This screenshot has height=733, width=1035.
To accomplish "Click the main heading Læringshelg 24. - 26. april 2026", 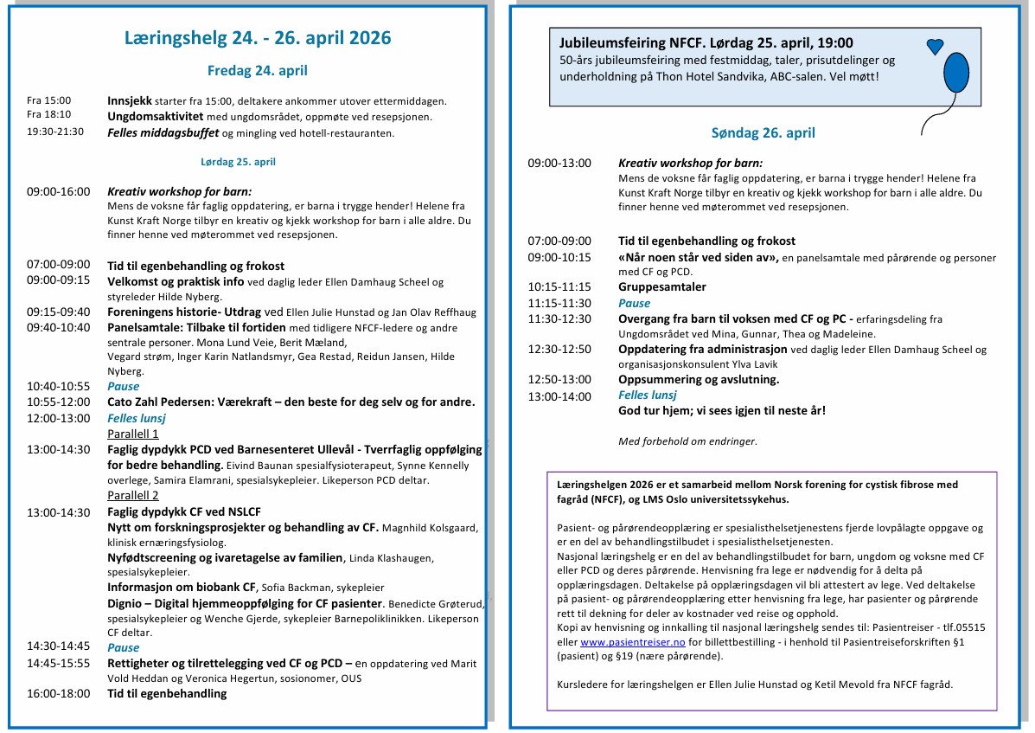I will tap(258, 38).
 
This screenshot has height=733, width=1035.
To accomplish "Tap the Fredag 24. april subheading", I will tap(257, 71).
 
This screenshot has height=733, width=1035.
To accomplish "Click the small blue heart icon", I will tap(935, 47).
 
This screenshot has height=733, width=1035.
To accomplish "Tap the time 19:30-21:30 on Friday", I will tap(55, 133).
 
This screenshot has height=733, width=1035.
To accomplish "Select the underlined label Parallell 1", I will tap(133, 434).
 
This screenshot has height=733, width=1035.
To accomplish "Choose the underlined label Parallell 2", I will tap(133, 496).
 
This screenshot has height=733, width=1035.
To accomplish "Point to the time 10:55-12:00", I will tap(58, 402).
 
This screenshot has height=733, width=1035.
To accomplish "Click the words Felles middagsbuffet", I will tap(163, 133).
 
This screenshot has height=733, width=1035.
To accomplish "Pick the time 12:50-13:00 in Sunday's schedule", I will tap(559, 380).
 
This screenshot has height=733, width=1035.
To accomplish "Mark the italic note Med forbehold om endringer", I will tap(687, 441).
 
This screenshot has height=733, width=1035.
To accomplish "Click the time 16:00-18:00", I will tap(58, 693).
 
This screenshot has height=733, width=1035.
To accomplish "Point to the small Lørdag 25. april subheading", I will tap(238, 162).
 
